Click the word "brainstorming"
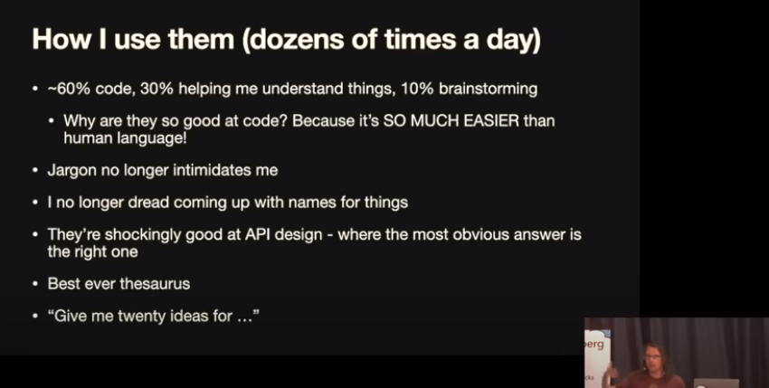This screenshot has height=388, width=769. tap(488, 90)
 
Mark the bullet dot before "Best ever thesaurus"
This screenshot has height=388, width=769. tap(34, 284)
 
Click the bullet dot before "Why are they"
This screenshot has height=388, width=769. tap(52, 121)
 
